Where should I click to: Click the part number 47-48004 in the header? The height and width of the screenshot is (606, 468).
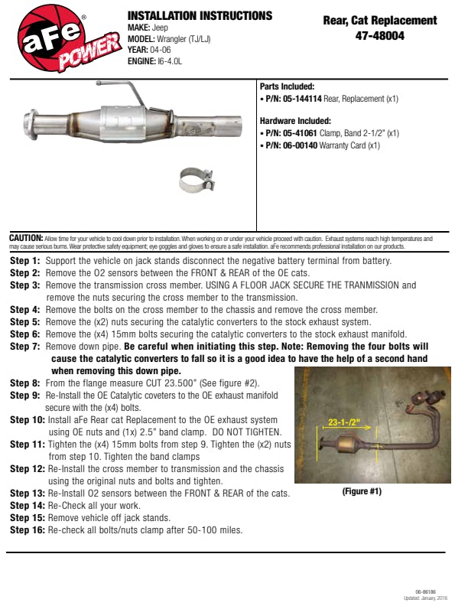pos(379,35)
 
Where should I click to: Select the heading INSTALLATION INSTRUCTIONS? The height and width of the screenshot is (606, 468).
pos(200,15)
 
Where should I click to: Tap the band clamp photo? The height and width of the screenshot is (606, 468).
pos(197,180)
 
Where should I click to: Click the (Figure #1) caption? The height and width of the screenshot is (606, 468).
pos(362,491)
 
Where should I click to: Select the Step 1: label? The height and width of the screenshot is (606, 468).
pos(25,261)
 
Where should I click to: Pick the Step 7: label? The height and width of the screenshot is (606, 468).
pos(25,347)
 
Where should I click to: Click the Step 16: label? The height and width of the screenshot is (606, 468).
pos(28,530)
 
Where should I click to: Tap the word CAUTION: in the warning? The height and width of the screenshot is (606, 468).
pos(26,239)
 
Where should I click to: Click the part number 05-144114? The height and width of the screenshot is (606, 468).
pos(305,99)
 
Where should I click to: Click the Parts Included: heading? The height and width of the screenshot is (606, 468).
pos(288,87)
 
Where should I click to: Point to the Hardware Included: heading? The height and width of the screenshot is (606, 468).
pos(295,121)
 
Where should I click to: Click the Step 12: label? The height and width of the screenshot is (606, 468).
pos(28,469)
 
